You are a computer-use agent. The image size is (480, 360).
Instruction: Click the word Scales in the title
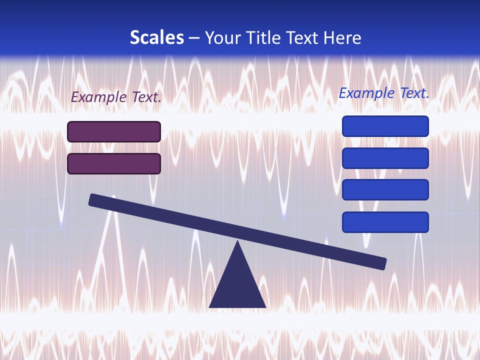[156, 37]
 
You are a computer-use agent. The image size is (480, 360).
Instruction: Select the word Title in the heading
[264, 37]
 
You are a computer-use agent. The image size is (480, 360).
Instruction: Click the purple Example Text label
[116, 97]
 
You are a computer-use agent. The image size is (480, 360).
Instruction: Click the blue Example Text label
[384, 93]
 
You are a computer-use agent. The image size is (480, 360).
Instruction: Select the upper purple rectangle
[114, 131]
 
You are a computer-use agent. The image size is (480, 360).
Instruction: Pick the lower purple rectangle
[114, 163]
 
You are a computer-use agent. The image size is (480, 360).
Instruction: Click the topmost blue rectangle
[385, 126]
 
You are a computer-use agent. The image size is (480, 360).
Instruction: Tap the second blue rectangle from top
[385, 158]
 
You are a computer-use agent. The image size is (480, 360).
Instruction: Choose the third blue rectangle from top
[385, 190]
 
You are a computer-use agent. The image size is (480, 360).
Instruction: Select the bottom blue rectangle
[385, 222]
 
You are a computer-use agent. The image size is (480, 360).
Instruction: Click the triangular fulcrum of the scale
[237, 285]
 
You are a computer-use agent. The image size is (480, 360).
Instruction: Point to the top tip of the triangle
[237, 242]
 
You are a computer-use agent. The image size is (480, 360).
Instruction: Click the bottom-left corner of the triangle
[210, 306]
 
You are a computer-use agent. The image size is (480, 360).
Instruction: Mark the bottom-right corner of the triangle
[265, 306]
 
